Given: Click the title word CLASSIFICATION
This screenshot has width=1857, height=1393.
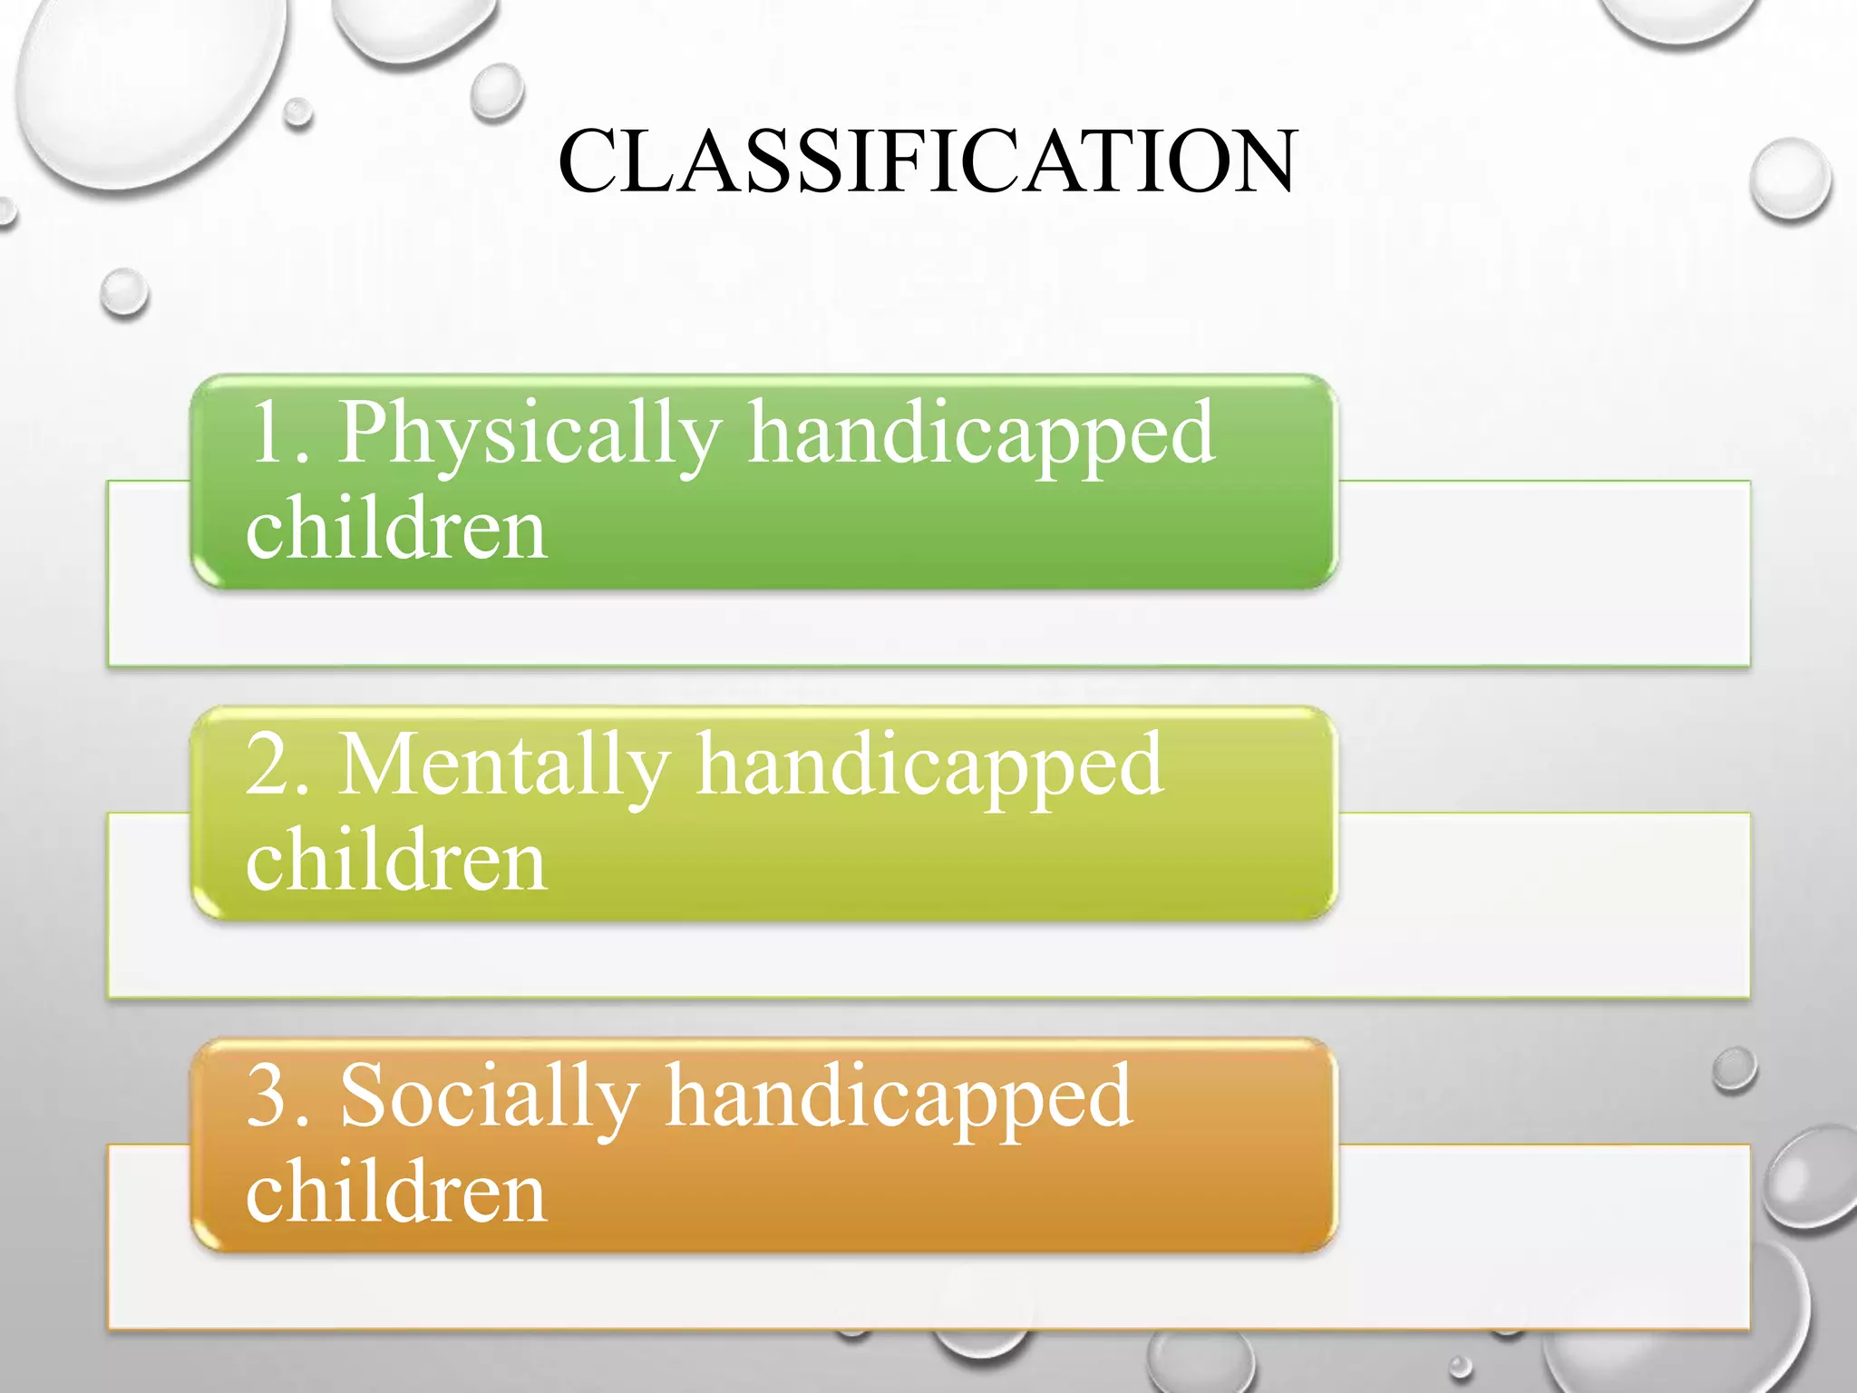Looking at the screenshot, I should (928, 161).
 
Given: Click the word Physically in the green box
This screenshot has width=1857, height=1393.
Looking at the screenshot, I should (530, 435).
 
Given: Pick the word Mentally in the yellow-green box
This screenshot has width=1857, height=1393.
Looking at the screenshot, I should (504, 766).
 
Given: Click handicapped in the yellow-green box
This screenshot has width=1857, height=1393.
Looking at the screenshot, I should (930, 767).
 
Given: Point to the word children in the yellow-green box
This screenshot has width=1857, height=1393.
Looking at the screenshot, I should (396, 861).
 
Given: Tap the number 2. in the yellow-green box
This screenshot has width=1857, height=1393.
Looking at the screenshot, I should (280, 765).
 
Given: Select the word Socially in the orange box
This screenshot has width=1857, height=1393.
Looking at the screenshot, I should (490, 1097).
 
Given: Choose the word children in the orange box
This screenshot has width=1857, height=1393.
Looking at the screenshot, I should (396, 1192).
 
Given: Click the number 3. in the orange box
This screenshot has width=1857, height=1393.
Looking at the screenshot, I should (280, 1097).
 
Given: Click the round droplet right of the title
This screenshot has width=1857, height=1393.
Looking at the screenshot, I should (1790, 180).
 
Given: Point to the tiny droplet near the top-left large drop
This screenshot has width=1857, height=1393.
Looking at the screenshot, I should (297, 113).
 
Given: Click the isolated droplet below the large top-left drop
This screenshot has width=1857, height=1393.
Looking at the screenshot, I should (124, 293).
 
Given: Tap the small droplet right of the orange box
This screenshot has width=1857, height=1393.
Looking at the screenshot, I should (1735, 1069).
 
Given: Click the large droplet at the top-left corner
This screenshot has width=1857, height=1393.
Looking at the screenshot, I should (145, 82).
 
